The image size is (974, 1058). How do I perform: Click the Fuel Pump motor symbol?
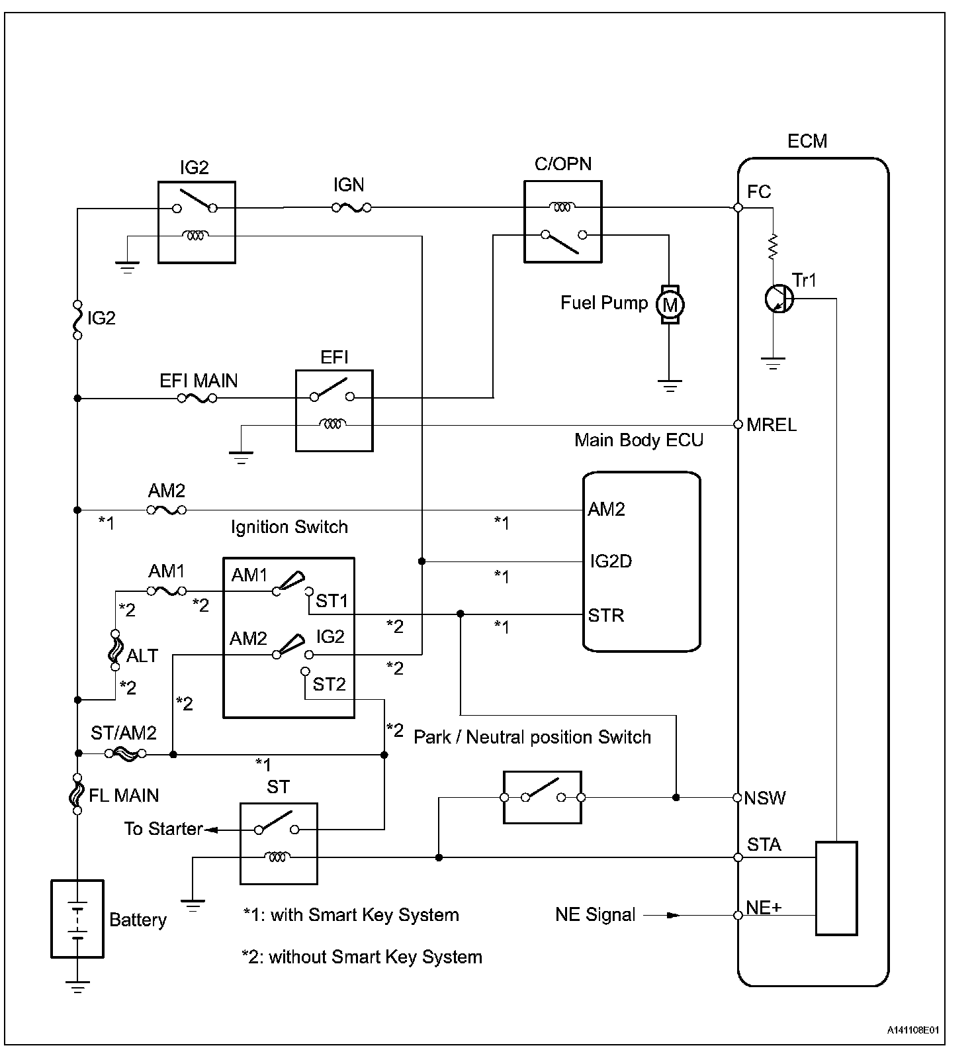click(x=670, y=305)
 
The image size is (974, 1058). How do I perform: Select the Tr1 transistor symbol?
click(x=779, y=299)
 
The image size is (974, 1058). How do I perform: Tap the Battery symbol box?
click(x=77, y=918)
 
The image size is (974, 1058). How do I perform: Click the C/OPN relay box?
click(x=562, y=222)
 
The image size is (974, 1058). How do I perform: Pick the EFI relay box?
click(x=333, y=410)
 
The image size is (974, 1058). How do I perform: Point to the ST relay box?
click(x=279, y=843)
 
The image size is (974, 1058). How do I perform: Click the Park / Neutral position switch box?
click(x=542, y=797)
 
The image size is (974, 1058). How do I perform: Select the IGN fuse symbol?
click(x=351, y=208)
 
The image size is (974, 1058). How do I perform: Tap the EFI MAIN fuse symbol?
click(x=197, y=399)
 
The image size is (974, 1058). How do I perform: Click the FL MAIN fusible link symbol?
click(x=77, y=793)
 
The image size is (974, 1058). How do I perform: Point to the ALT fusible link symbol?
click(x=115, y=650)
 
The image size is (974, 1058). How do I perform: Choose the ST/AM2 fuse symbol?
click(x=125, y=753)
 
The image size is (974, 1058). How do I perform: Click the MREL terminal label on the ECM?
click(x=771, y=425)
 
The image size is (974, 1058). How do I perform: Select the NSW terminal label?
click(x=764, y=798)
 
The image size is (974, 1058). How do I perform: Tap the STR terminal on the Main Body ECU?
click(x=605, y=615)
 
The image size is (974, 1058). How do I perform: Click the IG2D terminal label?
click(x=610, y=561)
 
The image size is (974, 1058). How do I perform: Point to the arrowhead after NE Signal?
click(x=672, y=916)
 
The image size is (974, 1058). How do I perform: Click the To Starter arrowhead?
click(x=212, y=829)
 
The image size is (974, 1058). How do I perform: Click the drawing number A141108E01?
click(x=912, y=1030)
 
